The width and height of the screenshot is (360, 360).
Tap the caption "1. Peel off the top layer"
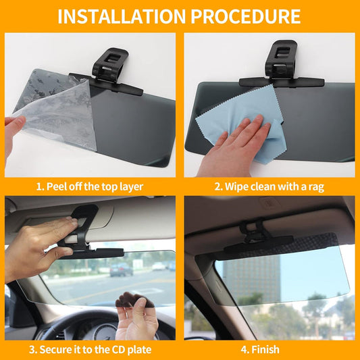pos(90,186)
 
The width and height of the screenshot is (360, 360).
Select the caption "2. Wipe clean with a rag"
pos(269,186)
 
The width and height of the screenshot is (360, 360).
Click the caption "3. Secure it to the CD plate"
pos(90,350)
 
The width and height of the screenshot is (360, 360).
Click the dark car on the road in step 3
pos(122,269)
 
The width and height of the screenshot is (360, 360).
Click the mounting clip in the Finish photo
pos(257,233)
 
